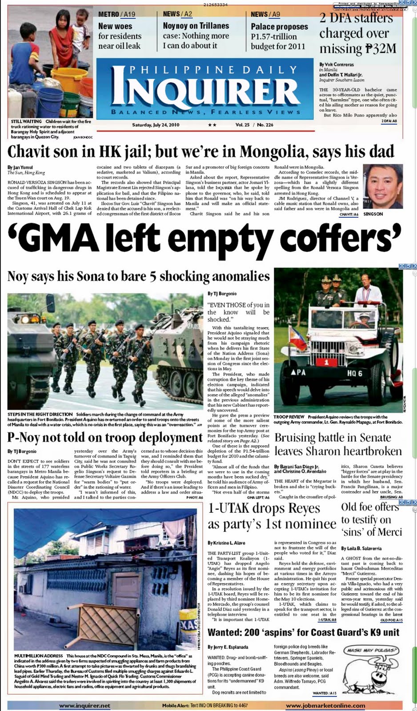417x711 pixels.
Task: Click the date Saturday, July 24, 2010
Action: point(156,125)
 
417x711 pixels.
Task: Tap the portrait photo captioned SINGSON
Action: point(380,186)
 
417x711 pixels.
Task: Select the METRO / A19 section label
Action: point(116,14)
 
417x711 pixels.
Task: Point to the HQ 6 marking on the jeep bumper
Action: point(354,374)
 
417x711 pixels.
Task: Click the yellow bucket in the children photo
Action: point(72,76)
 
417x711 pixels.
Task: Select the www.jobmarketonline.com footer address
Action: point(325,705)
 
